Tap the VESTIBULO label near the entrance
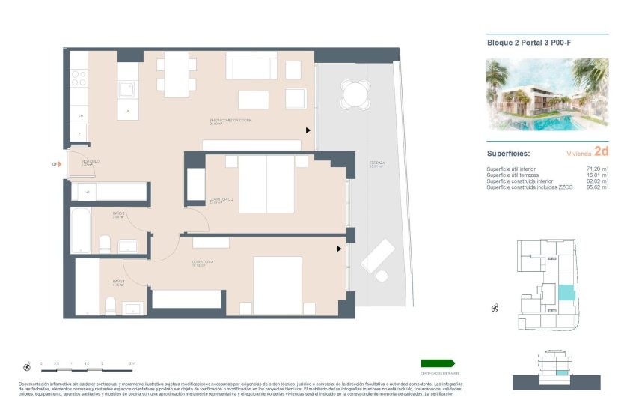point(91,162)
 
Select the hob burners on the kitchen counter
point(79,78)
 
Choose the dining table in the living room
point(177,74)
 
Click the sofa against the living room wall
point(251,67)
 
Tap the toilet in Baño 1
point(110,305)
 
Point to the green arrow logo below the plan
point(438,363)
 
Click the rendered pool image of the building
point(547,94)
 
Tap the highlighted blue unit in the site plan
point(568,293)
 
